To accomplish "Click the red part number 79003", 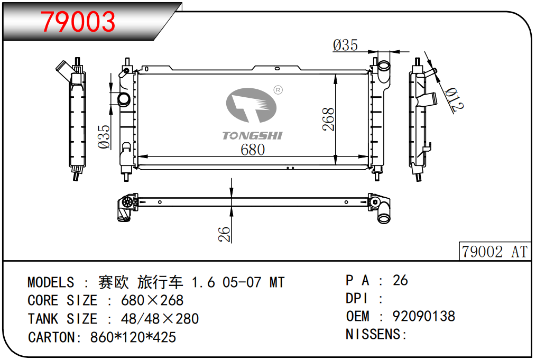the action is click(x=78, y=22).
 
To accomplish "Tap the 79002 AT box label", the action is click(x=495, y=252).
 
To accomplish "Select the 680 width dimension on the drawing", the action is click(x=253, y=150).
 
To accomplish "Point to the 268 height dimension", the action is click(x=328, y=119).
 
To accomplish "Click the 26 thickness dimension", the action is click(x=224, y=234).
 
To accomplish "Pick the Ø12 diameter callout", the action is click(x=454, y=99).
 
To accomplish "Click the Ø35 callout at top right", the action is click(x=345, y=45).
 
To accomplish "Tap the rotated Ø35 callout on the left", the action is click(x=104, y=137).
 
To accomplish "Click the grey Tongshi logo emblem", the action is click(x=251, y=105).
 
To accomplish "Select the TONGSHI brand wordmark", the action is click(x=252, y=136).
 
